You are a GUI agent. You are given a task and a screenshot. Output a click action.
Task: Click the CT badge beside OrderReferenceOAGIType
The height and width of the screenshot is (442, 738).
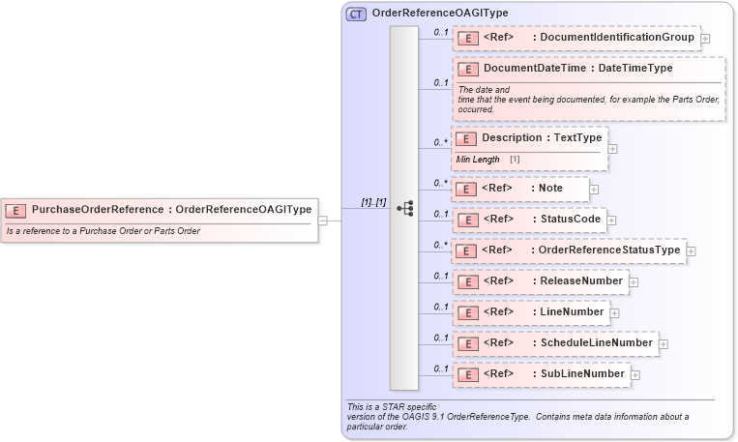[x=356, y=13]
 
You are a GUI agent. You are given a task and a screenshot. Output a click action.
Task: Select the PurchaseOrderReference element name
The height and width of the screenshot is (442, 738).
[x=98, y=209]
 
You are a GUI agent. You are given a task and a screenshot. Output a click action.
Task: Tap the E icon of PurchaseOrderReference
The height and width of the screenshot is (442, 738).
[x=16, y=210]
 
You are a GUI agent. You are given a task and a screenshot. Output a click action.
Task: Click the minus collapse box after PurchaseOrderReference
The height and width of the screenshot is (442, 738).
[x=323, y=220]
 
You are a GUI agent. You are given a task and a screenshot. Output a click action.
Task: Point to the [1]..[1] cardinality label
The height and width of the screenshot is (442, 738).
[x=373, y=202]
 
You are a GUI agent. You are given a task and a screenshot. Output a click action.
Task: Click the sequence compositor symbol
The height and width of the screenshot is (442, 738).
[x=404, y=209]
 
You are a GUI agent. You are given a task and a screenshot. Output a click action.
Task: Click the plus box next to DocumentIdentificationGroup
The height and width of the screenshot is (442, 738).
[x=705, y=39]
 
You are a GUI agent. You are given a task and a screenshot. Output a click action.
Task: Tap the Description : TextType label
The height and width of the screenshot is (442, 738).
[x=542, y=138]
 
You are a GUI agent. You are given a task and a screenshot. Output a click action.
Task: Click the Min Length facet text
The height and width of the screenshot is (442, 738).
[x=479, y=159]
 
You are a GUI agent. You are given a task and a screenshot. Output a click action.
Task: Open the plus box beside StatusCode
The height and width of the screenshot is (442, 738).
[x=611, y=220]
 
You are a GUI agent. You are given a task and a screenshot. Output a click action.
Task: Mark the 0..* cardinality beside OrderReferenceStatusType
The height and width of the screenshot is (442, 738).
[x=440, y=245]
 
